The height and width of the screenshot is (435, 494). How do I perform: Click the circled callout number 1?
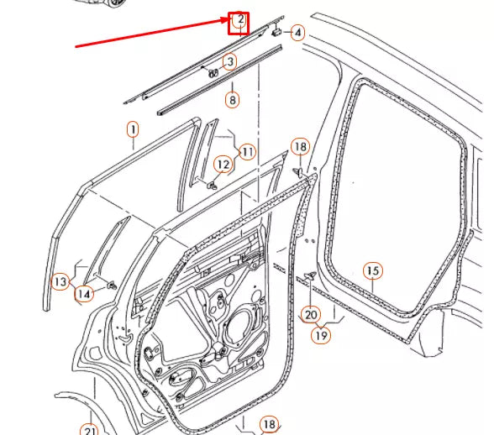point(132,129)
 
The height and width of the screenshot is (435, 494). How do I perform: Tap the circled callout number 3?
point(229,61)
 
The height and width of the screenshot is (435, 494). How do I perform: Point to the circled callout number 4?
point(297,33)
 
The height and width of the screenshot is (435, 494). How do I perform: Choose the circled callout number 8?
point(233,99)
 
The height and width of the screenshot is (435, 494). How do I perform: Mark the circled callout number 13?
point(60,281)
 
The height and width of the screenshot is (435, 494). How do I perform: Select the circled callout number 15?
point(373,270)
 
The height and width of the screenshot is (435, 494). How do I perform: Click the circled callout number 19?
point(322,334)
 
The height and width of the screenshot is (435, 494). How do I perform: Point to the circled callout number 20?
point(311,315)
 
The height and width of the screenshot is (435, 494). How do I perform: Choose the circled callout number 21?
point(89,430)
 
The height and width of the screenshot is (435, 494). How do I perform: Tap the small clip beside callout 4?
point(276,32)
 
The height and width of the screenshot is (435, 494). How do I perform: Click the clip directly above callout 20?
point(309,276)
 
